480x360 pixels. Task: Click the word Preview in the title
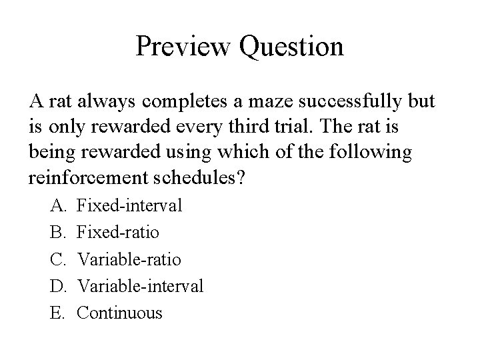coord(178,47)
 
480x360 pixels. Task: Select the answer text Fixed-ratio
coord(119,233)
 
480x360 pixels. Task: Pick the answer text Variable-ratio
coord(129,259)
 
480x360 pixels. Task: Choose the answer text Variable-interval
coord(141,286)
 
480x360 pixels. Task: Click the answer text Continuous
coord(120,313)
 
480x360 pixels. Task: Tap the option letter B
coord(57,233)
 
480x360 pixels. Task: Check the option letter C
coord(57,259)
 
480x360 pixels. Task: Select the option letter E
coord(57,313)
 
